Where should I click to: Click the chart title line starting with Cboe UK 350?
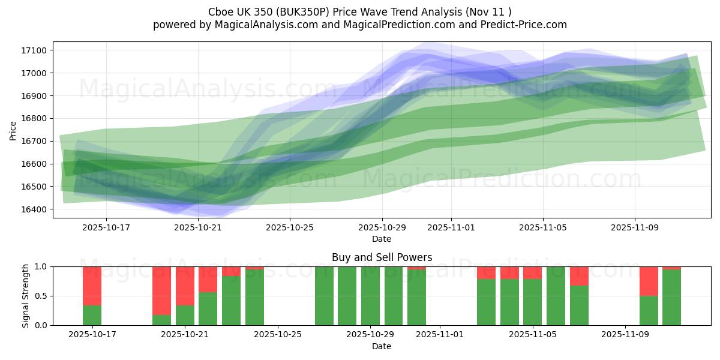pos(359,12)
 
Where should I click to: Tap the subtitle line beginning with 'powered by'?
pos(359,25)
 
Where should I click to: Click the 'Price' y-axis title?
pos(13,130)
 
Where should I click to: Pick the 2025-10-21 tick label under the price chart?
pos(197,227)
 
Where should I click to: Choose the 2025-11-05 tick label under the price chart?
pos(543,227)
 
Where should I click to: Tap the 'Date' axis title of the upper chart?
pos(382,239)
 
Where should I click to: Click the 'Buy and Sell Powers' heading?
pos(382,257)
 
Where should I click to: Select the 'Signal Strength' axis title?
pos(26,296)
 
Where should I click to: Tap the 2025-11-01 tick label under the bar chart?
pos(440,334)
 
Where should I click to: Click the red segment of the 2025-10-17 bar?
pos(92,286)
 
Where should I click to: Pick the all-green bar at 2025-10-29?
pos(370,296)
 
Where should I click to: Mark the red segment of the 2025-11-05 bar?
pos(532,272)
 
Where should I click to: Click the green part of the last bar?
pos(671,298)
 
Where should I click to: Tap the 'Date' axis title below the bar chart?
pos(382,346)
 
